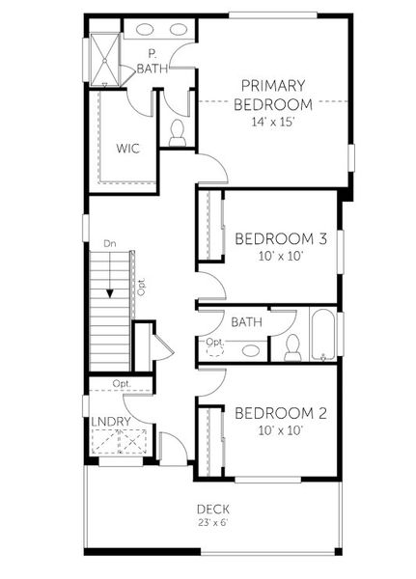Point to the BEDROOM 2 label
[281, 413]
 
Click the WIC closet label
[129, 149]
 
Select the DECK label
[212, 509]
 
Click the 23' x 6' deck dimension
[212, 523]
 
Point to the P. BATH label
[152, 61]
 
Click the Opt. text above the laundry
[121, 383]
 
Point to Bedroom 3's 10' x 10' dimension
[281, 257]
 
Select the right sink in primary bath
[180, 29]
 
